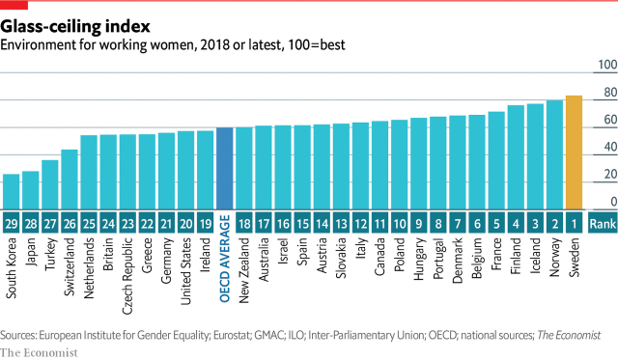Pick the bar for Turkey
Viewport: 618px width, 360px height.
point(50,183)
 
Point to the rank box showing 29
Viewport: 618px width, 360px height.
point(12,222)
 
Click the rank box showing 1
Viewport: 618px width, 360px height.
point(574,222)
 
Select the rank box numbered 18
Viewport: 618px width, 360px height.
point(243,222)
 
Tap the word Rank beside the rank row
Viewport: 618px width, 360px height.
point(603,222)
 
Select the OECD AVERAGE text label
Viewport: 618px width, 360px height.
point(224,271)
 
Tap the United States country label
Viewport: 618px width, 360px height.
point(185,272)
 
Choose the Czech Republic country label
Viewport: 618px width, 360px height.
point(127,274)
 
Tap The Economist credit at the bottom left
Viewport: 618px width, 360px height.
point(38,351)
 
